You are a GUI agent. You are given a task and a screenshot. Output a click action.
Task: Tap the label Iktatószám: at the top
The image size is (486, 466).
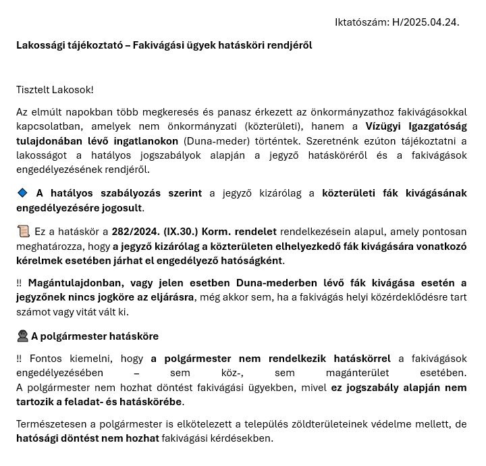(x=362, y=22)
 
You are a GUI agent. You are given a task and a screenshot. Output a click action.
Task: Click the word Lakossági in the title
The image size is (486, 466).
(x=40, y=45)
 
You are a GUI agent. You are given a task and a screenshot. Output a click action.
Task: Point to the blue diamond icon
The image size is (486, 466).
(x=22, y=193)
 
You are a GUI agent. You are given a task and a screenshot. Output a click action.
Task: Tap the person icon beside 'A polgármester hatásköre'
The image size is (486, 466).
(x=22, y=336)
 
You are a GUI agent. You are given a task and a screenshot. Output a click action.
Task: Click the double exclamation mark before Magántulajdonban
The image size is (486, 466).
(x=19, y=283)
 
